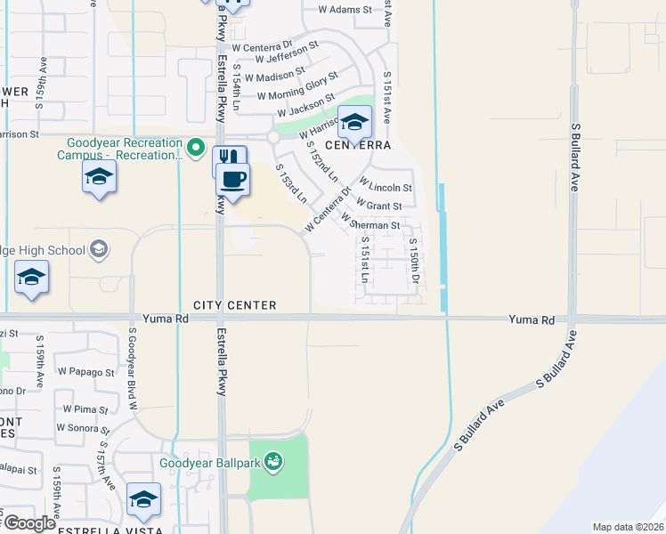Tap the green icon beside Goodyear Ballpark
[274, 461]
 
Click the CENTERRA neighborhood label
[358, 145]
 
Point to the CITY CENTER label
[234, 305]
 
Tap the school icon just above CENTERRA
[354, 122]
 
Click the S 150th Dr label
[414, 263]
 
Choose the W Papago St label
[85, 372]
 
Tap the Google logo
[28, 523]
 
